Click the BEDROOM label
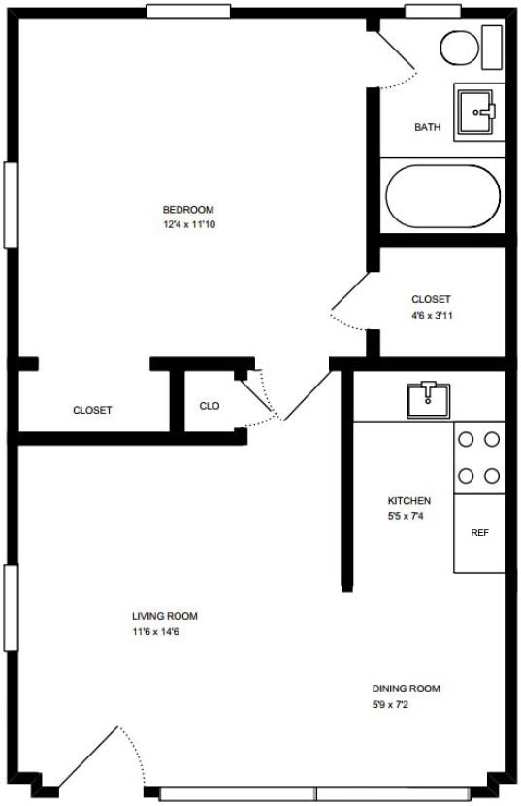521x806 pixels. pos(187,209)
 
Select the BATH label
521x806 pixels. pos(428,127)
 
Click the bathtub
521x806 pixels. pos(442,196)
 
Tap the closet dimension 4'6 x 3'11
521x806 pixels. pos(431,315)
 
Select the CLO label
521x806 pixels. pos(209,406)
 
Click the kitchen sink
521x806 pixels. pos(428,397)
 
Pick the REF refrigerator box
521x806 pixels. pos(479,533)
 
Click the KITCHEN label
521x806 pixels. pos(408,501)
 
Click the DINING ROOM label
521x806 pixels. pos(406,688)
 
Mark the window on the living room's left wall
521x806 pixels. pos(11,607)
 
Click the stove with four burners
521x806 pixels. pos(479,457)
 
